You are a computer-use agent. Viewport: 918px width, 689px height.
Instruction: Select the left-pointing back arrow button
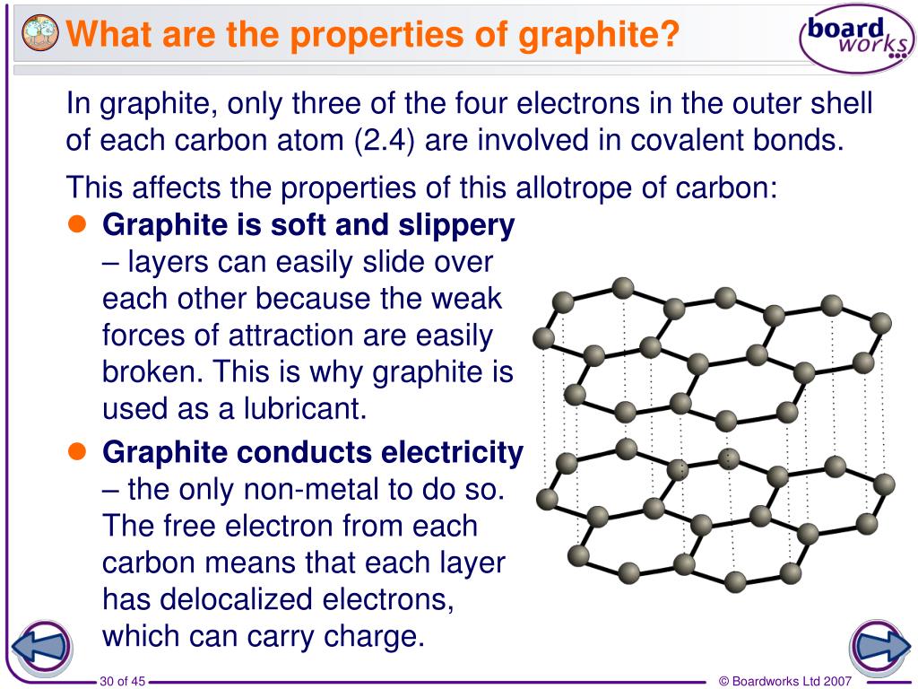[x=41, y=647]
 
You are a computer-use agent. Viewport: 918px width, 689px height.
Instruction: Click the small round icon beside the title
[x=39, y=33]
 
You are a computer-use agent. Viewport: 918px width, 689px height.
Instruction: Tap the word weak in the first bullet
[x=470, y=299]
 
